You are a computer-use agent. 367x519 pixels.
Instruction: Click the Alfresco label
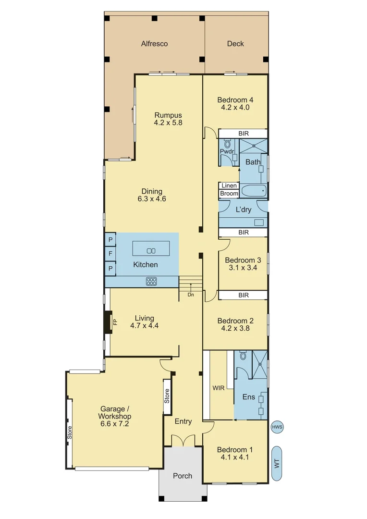pyautogui.click(x=154, y=44)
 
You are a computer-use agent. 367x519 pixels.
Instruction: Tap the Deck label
pyautogui.click(x=235, y=44)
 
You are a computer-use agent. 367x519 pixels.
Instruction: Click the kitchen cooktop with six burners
pyautogui.click(x=151, y=282)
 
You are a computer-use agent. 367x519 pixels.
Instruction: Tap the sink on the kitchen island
pyautogui.click(x=151, y=250)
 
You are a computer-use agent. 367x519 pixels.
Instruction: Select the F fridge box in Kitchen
pyautogui.click(x=110, y=253)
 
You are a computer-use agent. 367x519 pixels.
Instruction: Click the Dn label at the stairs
pyautogui.click(x=191, y=295)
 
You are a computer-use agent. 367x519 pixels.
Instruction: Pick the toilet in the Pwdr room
pyautogui.click(x=227, y=145)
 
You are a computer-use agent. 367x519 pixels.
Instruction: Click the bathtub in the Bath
pyautogui.click(x=253, y=191)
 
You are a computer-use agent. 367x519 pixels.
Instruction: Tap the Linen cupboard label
pyautogui.click(x=229, y=185)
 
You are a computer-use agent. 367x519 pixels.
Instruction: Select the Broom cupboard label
pyautogui.click(x=229, y=194)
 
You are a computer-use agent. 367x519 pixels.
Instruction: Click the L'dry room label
pyautogui.click(x=243, y=210)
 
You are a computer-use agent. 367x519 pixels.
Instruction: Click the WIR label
pyautogui.click(x=219, y=387)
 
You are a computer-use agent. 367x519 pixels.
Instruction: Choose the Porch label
pyautogui.click(x=183, y=476)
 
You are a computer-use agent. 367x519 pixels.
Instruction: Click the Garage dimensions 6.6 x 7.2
pyautogui.click(x=114, y=424)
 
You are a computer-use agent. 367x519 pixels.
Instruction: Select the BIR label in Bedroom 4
pyautogui.click(x=244, y=133)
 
